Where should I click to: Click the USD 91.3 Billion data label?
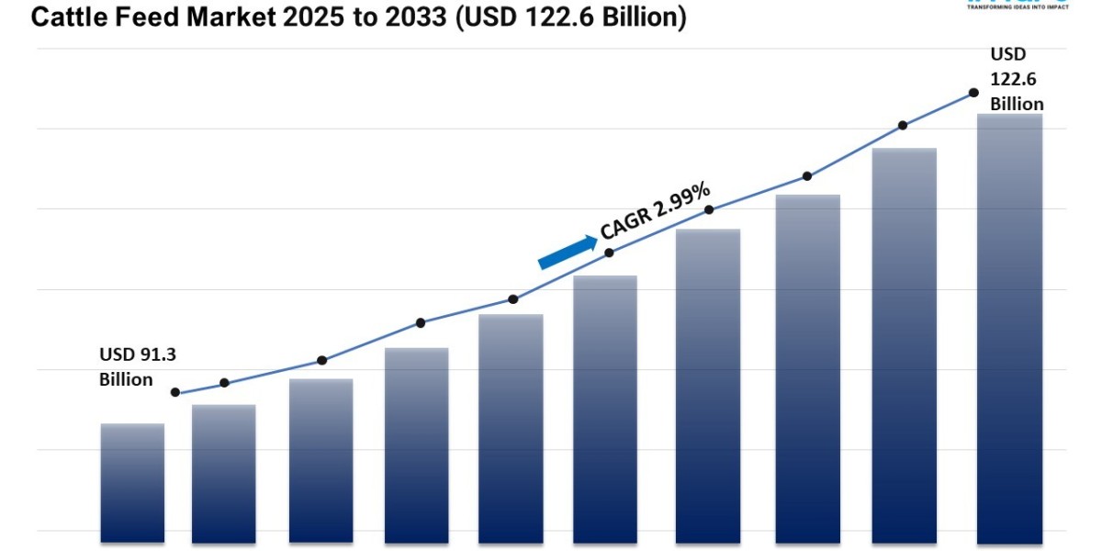tap(130, 366)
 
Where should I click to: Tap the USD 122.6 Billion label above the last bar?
tap(1016, 79)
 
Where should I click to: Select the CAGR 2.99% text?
tap(655, 212)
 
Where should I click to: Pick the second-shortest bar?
tap(224, 473)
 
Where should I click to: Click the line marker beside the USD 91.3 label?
tap(175, 392)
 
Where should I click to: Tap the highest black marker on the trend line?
tap(973, 93)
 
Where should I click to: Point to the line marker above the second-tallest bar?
tap(903, 125)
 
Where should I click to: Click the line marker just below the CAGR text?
tap(609, 252)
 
